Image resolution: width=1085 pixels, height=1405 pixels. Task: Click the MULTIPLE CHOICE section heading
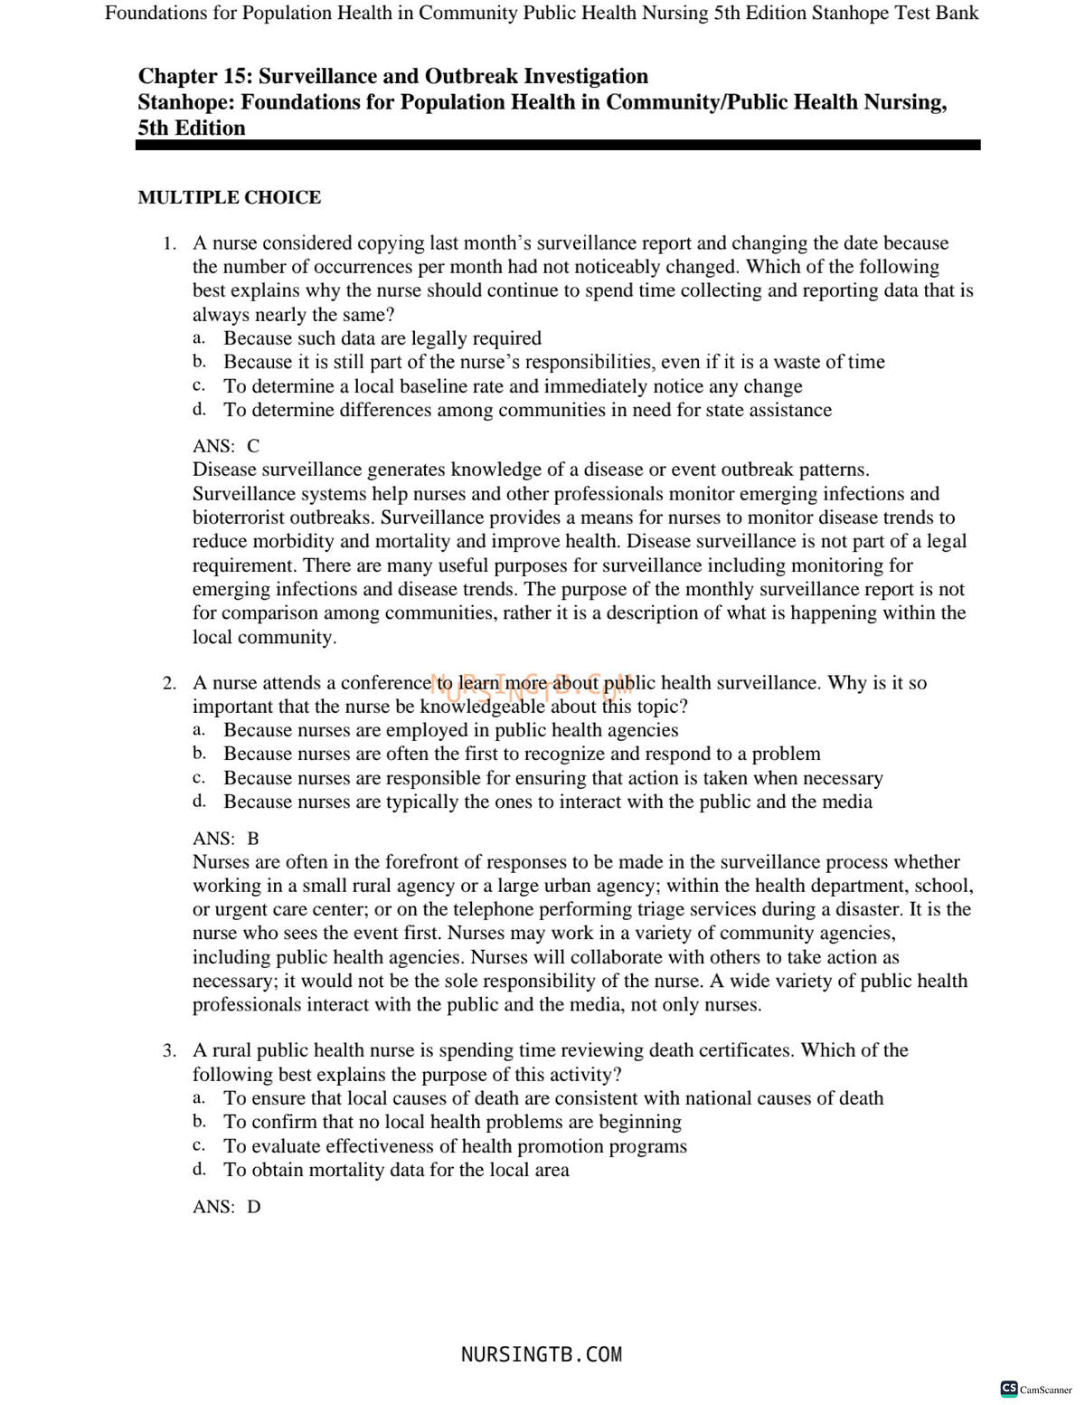tap(229, 197)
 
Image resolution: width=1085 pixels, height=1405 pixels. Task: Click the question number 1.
tap(168, 243)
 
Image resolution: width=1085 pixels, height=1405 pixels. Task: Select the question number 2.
tap(168, 683)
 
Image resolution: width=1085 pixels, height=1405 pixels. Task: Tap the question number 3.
tap(168, 1050)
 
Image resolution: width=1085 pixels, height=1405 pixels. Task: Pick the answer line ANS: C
tap(226, 446)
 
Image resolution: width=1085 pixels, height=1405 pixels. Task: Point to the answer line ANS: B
tap(226, 839)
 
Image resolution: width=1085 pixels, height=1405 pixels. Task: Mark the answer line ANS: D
tap(226, 1207)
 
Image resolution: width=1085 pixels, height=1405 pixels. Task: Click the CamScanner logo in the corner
tap(1036, 1389)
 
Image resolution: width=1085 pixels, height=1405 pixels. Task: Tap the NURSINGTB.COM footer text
tap(541, 1354)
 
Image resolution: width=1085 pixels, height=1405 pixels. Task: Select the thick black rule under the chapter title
tap(558, 145)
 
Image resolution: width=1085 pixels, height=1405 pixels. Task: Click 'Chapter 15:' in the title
tap(193, 77)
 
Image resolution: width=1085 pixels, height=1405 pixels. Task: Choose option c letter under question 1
tap(198, 386)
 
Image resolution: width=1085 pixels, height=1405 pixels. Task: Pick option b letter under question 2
tap(198, 754)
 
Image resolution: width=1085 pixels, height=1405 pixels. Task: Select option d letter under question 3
tap(198, 1170)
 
